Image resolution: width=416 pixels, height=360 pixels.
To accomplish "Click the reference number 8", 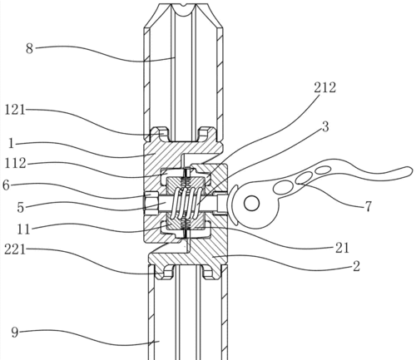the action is coord(29,48).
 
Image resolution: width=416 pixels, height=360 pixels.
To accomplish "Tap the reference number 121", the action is coord(15,110).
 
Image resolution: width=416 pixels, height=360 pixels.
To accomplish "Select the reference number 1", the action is coord(11,144).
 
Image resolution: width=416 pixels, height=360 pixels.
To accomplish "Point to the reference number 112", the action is coord(16,163).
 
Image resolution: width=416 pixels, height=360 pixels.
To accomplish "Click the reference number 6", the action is coord(6,185).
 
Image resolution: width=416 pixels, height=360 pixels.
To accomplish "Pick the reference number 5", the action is coord(20,207).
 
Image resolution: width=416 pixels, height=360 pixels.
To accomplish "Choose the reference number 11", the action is coord(23,229).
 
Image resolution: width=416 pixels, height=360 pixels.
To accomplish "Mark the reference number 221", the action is coord(15,249).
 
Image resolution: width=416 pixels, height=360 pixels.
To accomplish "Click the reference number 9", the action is coord(15,332).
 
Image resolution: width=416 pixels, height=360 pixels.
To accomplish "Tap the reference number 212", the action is coord(325,87).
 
